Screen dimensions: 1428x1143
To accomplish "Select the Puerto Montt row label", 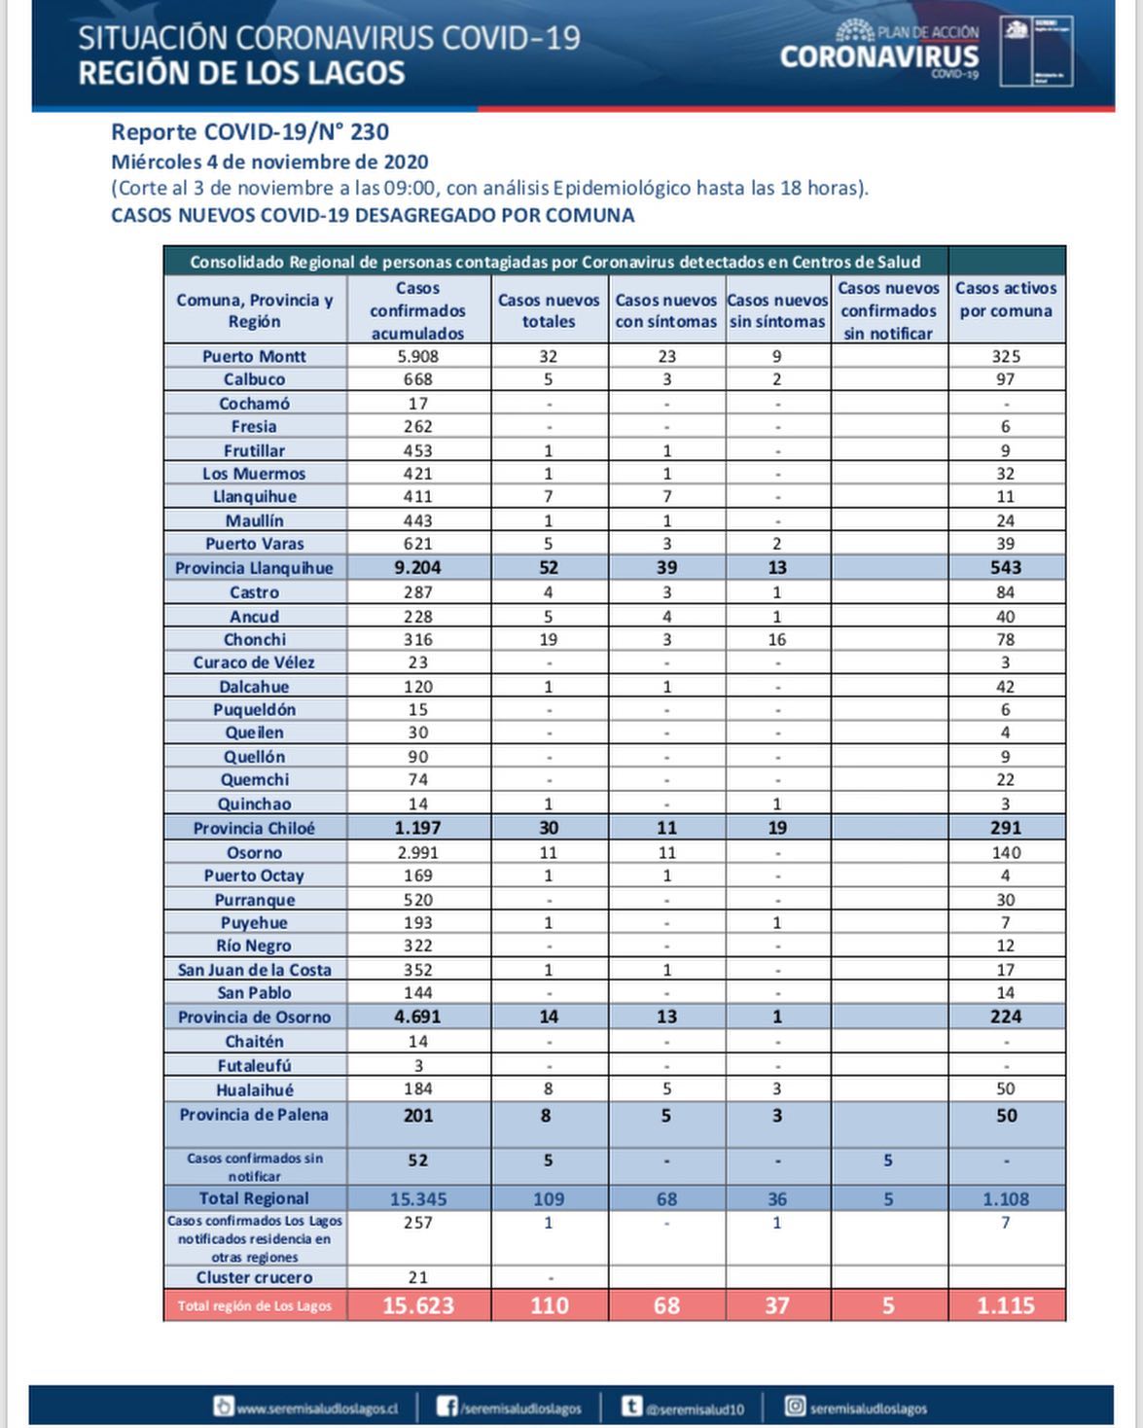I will (254, 356).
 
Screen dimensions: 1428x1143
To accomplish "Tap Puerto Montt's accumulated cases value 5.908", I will (418, 356).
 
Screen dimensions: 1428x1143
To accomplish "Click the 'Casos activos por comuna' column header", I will (1005, 300).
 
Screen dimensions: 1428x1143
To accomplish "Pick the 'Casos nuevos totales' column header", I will (549, 310).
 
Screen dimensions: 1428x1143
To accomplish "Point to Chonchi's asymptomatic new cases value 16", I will (776, 639).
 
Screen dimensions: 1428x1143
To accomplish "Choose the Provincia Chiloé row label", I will (254, 828).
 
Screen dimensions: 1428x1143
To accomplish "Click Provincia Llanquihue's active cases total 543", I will (1005, 568).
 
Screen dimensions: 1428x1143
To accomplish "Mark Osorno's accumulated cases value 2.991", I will (418, 852).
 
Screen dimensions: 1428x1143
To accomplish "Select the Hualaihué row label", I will (254, 1089).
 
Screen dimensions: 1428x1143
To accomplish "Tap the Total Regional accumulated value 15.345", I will (418, 1198).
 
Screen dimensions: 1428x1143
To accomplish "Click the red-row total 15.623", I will (418, 1305).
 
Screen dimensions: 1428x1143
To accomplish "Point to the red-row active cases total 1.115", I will (1005, 1305).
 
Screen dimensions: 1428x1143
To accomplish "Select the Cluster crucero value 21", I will (418, 1277).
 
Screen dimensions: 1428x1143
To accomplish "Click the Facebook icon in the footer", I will (446, 1407).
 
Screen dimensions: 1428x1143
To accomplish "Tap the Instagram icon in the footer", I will (795, 1407).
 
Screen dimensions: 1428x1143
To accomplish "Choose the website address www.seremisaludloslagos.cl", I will (317, 1408).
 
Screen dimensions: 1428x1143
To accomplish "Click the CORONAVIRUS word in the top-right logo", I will (878, 56).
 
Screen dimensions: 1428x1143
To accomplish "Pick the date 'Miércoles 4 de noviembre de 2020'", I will (269, 161).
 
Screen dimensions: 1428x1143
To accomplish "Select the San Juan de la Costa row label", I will (254, 970).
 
